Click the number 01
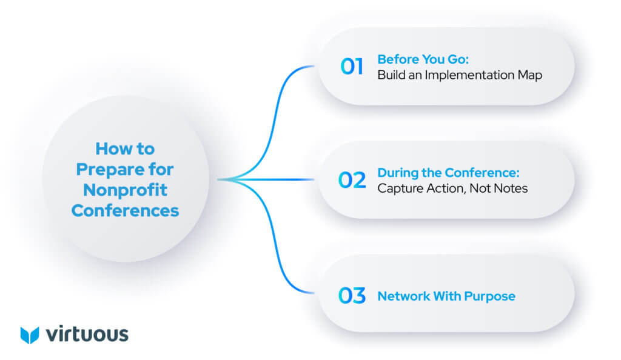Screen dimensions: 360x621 coord(352,67)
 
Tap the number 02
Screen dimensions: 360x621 coord(352,180)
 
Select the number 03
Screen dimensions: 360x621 coord(352,296)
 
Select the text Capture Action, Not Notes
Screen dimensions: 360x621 coord(452,188)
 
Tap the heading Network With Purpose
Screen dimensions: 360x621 coord(446,296)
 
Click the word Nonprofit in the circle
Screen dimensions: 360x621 coord(125,190)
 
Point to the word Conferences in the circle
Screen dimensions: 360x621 coord(125,210)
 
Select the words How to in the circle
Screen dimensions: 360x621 coord(125,148)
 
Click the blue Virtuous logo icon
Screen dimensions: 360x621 coord(29,335)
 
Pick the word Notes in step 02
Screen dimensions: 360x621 coord(512,188)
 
